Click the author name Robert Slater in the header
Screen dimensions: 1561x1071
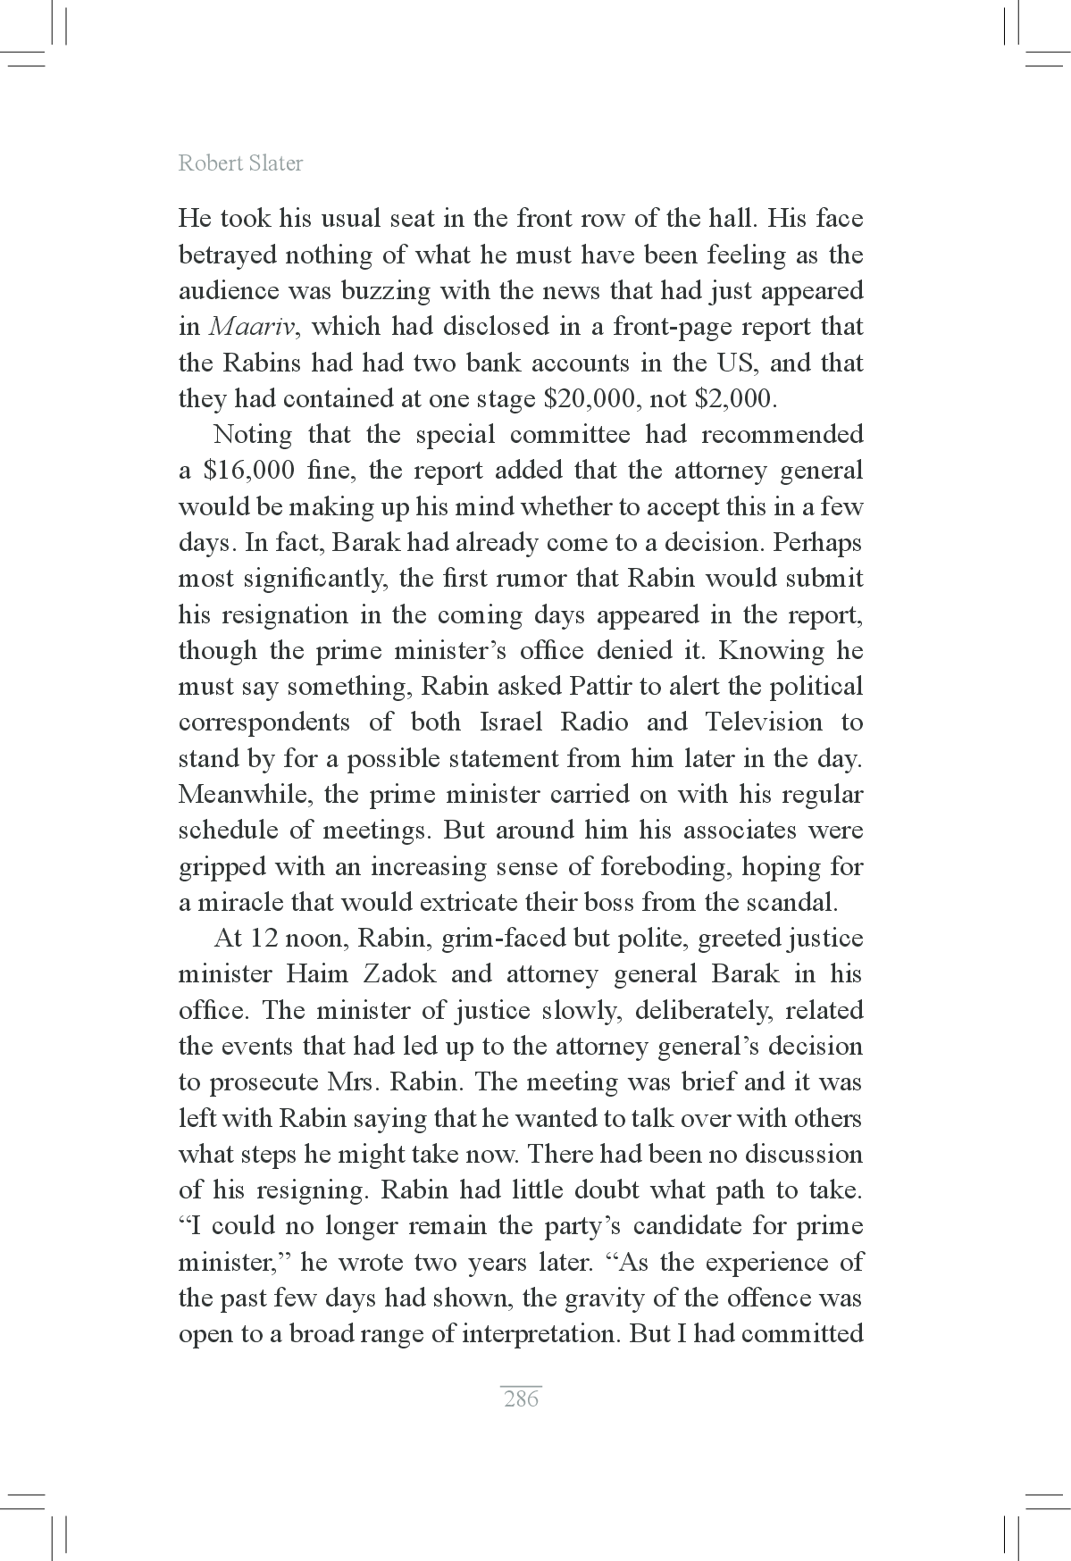click(240, 163)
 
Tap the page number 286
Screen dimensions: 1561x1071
click(521, 1398)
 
